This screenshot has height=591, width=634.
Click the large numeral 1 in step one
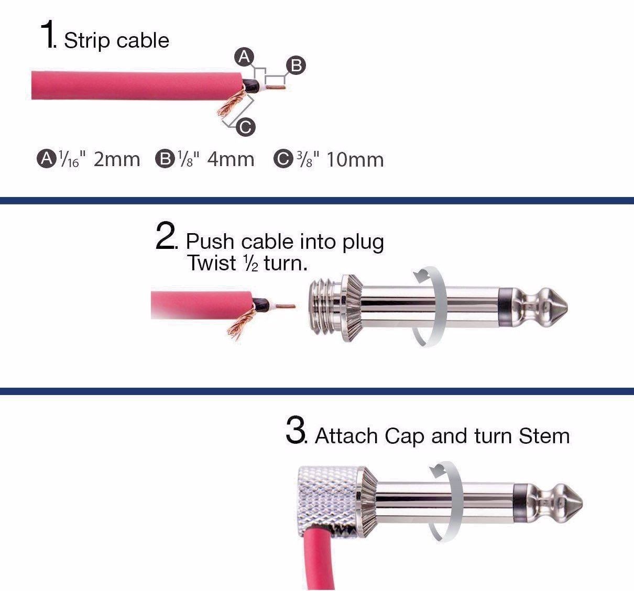pos(47,34)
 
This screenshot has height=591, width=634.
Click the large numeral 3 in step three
pos(295,430)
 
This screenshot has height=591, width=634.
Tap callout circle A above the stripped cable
pos(244,57)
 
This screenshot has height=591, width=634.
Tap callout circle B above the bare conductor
pos(296,65)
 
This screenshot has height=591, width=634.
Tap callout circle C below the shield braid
pos(245,127)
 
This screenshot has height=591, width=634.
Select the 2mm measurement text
pos(116,159)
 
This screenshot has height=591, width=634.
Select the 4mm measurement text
pos(231,159)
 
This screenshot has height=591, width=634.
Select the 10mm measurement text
pos(355,159)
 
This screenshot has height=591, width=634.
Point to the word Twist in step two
pos(212,263)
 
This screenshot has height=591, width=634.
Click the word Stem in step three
pos(544,435)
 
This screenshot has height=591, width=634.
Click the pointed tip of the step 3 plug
pos(582,504)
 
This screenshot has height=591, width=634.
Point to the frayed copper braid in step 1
pos(233,102)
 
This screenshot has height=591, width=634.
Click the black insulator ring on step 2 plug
pos(506,307)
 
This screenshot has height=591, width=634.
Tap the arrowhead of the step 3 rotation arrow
pos(436,470)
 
